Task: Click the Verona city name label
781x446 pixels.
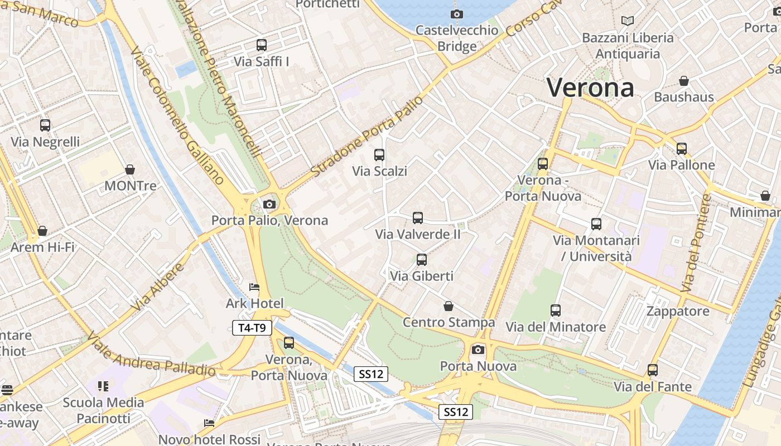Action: pos(590,88)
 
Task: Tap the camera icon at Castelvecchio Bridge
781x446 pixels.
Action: pos(457,14)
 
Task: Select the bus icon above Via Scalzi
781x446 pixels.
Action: pos(379,154)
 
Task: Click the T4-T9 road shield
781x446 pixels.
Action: pos(252,328)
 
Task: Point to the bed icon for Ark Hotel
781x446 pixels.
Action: pos(254,287)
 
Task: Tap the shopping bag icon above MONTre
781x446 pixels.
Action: pos(130,169)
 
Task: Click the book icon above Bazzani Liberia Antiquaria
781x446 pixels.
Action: pos(628,21)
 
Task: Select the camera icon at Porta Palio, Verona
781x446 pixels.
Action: pos(269,204)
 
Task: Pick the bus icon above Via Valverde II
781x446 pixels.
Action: pos(418,217)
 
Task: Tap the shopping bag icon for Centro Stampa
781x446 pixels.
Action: pos(449,306)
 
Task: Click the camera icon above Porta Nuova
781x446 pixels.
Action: pos(478,350)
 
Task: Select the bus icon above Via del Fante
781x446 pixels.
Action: pos(653,370)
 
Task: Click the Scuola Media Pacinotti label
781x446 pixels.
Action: pos(104,410)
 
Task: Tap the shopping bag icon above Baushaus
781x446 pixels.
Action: pos(684,81)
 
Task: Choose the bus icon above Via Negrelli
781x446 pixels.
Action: pos(45,125)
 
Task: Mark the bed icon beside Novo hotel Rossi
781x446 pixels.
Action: pos(209,423)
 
